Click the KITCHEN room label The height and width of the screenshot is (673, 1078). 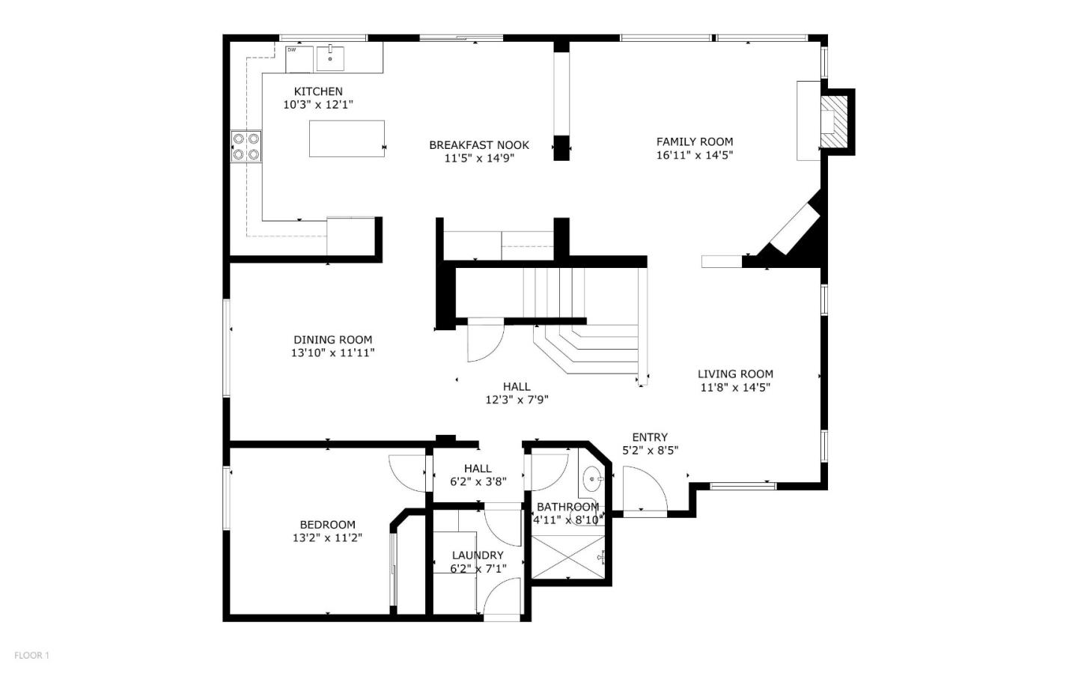(x=318, y=91)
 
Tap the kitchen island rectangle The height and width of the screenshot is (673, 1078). (x=347, y=138)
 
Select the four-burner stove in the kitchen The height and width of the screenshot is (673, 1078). (x=246, y=146)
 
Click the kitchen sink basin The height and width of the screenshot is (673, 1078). (x=330, y=58)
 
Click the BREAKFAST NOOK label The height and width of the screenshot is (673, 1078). (x=479, y=145)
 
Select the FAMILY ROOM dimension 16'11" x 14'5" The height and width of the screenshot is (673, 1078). (x=695, y=155)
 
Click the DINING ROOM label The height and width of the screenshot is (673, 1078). (x=332, y=339)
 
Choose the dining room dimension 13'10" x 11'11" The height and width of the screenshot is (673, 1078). (x=332, y=353)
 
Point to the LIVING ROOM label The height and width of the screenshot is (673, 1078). (x=735, y=374)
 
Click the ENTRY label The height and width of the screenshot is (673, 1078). (x=650, y=437)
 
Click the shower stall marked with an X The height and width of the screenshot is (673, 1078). (x=567, y=550)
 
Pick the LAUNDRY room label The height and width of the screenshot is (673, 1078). (x=478, y=555)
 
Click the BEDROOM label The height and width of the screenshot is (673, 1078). (x=327, y=525)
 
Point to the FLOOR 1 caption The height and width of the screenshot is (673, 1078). (x=31, y=655)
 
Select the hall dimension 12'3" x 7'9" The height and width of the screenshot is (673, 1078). (x=517, y=400)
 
